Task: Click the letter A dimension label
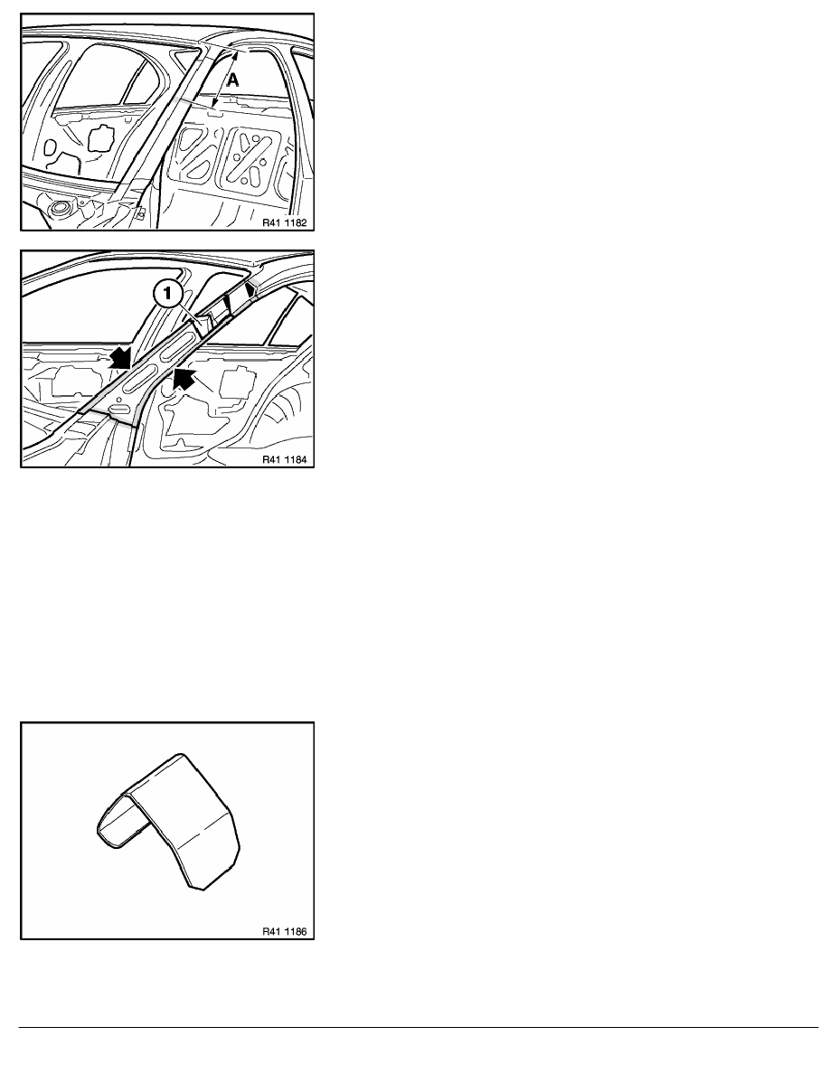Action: pyautogui.click(x=233, y=80)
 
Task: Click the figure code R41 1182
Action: pyautogui.click(x=284, y=221)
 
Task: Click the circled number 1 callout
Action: pyautogui.click(x=168, y=296)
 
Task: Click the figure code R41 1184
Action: pyautogui.click(x=284, y=459)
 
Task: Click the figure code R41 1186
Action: pyautogui.click(x=284, y=931)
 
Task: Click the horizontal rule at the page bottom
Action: pyautogui.click(x=419, y=1027)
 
